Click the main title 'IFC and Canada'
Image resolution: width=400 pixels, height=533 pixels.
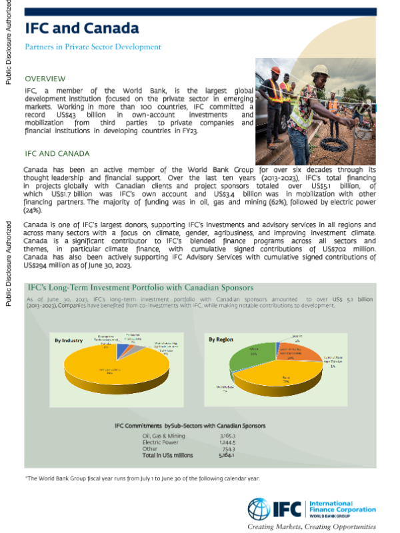click(82, 28)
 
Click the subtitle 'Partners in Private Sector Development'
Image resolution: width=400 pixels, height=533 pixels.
click(93, 47)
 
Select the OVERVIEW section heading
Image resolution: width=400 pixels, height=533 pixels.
click(45, 78)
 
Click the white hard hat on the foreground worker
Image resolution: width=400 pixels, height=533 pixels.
click(321, 69)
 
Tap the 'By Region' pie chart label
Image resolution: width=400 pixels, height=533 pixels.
click(221, 340)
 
